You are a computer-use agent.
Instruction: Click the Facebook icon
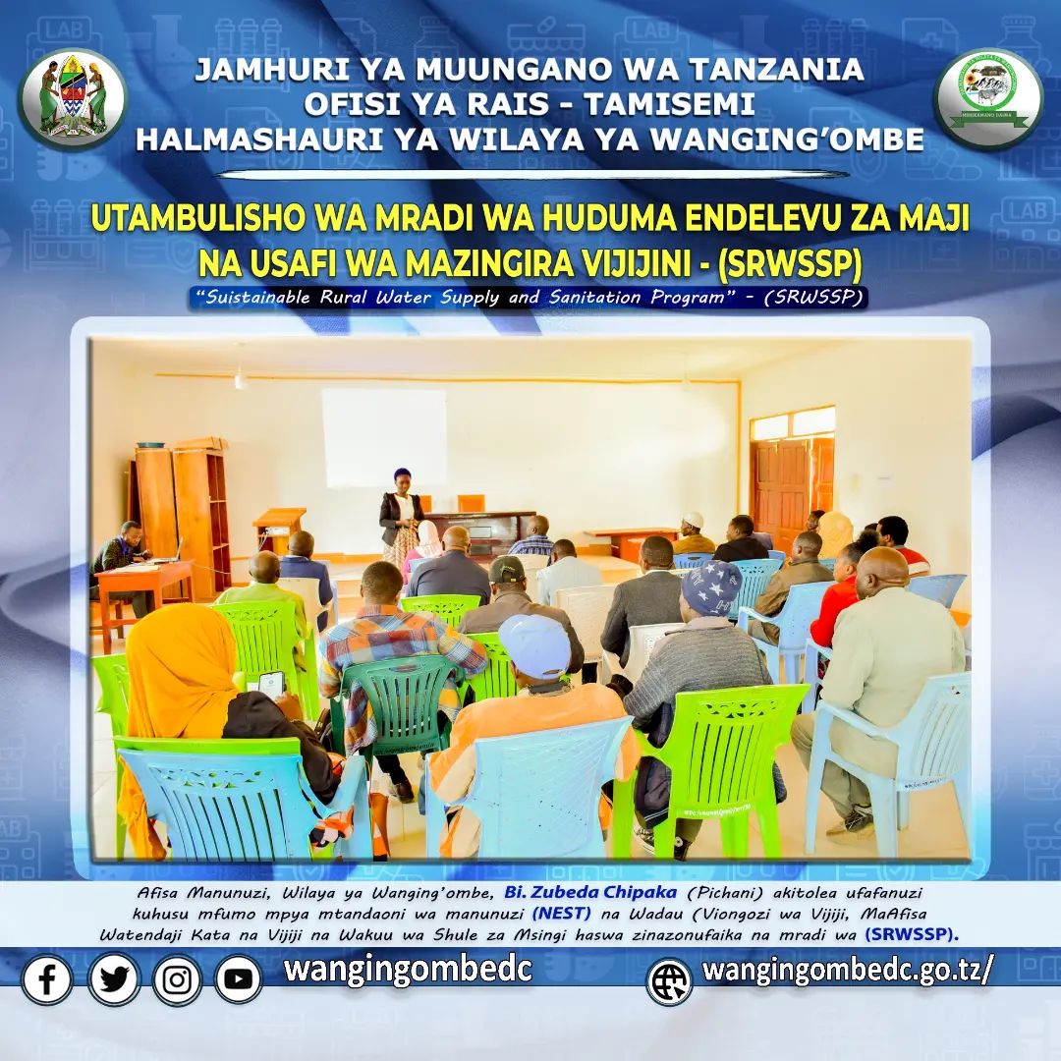coord(47,979)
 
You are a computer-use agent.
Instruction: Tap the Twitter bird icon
coord(114,979)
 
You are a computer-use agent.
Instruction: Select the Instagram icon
coord(177,979)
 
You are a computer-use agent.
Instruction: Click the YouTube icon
coord(238,979)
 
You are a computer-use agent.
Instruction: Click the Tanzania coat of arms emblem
coord(73,98)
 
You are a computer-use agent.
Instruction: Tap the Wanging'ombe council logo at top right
coord(988,98)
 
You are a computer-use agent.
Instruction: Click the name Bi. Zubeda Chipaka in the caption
coord(590,892)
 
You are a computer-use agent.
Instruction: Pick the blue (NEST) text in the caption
coord(562,914)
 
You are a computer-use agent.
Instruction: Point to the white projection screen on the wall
coord(384,437)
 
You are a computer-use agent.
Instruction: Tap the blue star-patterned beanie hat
coord(711,586)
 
